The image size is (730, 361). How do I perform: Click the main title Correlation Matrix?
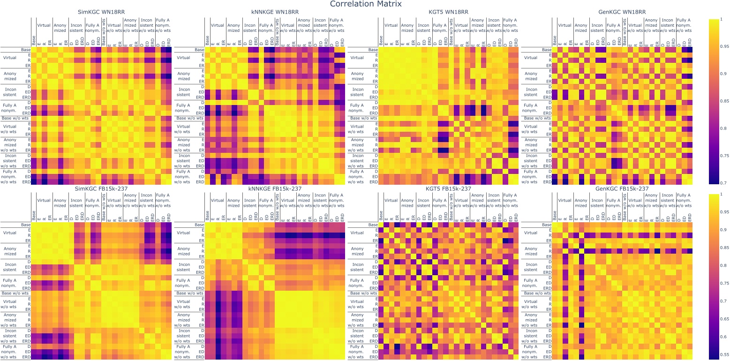pyautogui.click(x=365, y=4)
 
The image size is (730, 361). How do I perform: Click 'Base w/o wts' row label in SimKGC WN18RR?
pyautogui.click(x=16, y=118)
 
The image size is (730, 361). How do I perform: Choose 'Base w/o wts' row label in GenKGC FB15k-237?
pyautogui.click(x=536, y=293)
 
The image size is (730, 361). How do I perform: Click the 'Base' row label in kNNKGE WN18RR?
pyautogui.click(x=198, y=49)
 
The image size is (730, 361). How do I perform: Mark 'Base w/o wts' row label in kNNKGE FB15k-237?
pyautogui.click(x=189, y=293)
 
